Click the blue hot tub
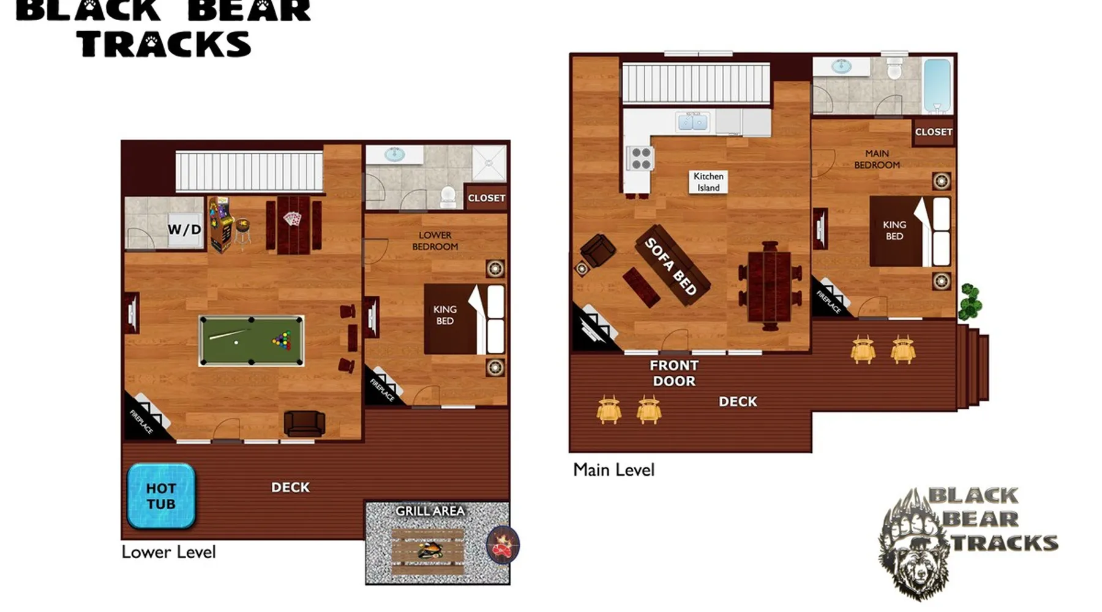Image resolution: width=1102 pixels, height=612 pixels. click(x=161, y=496)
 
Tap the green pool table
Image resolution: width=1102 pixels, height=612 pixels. click(x=251, y=341)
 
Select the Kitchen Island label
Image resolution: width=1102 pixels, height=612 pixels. click(x=708, y=182)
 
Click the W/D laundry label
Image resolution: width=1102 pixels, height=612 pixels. click(x=184, y=229)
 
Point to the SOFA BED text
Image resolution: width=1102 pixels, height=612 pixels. click(x=671, y=266)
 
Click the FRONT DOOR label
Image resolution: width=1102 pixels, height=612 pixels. click(x=674, y=373)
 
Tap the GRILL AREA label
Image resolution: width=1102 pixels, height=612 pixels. click(x=430, y=510)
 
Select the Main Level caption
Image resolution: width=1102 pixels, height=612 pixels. click(x=613, y=470)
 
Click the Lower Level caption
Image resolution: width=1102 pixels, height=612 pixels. click(x=168, y=552)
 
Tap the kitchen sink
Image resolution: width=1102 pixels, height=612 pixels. click(x=693, y=122)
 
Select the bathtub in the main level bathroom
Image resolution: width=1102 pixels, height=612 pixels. click(x=937, y=86)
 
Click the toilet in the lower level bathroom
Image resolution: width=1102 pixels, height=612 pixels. click(x=448, y=197)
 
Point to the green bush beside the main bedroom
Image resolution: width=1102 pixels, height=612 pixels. click(x=969, y=302)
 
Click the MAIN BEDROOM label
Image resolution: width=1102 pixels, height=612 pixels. click(x=877, y=159)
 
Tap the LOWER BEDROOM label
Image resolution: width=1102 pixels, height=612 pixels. click(x=435, y=241)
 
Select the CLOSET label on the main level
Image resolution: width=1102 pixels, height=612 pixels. click(x=934, y=132)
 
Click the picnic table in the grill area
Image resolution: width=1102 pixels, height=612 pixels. click(x=427, y=551)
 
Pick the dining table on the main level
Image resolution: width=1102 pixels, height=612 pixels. click(x=770, y=286)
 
